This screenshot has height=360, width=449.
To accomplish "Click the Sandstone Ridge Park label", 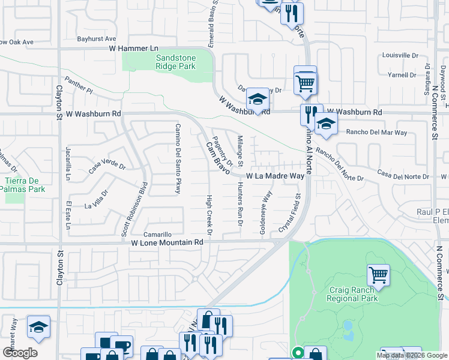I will pos(175,62).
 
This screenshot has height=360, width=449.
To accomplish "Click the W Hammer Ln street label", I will pos(133,47).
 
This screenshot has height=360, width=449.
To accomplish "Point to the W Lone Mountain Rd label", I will pos(167,242).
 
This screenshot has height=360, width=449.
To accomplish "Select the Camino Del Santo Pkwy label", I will pos(178,158).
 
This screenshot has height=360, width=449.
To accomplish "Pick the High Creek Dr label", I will pos(209,215).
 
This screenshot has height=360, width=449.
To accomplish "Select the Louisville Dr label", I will pos(400,55).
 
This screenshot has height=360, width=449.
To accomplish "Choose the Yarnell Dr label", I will pos(402,75).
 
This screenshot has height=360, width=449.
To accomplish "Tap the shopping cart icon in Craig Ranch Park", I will pos(378,275).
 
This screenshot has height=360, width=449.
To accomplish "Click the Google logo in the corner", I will pos(20,353).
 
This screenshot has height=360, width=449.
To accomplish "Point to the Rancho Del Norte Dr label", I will pos(339,165).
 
